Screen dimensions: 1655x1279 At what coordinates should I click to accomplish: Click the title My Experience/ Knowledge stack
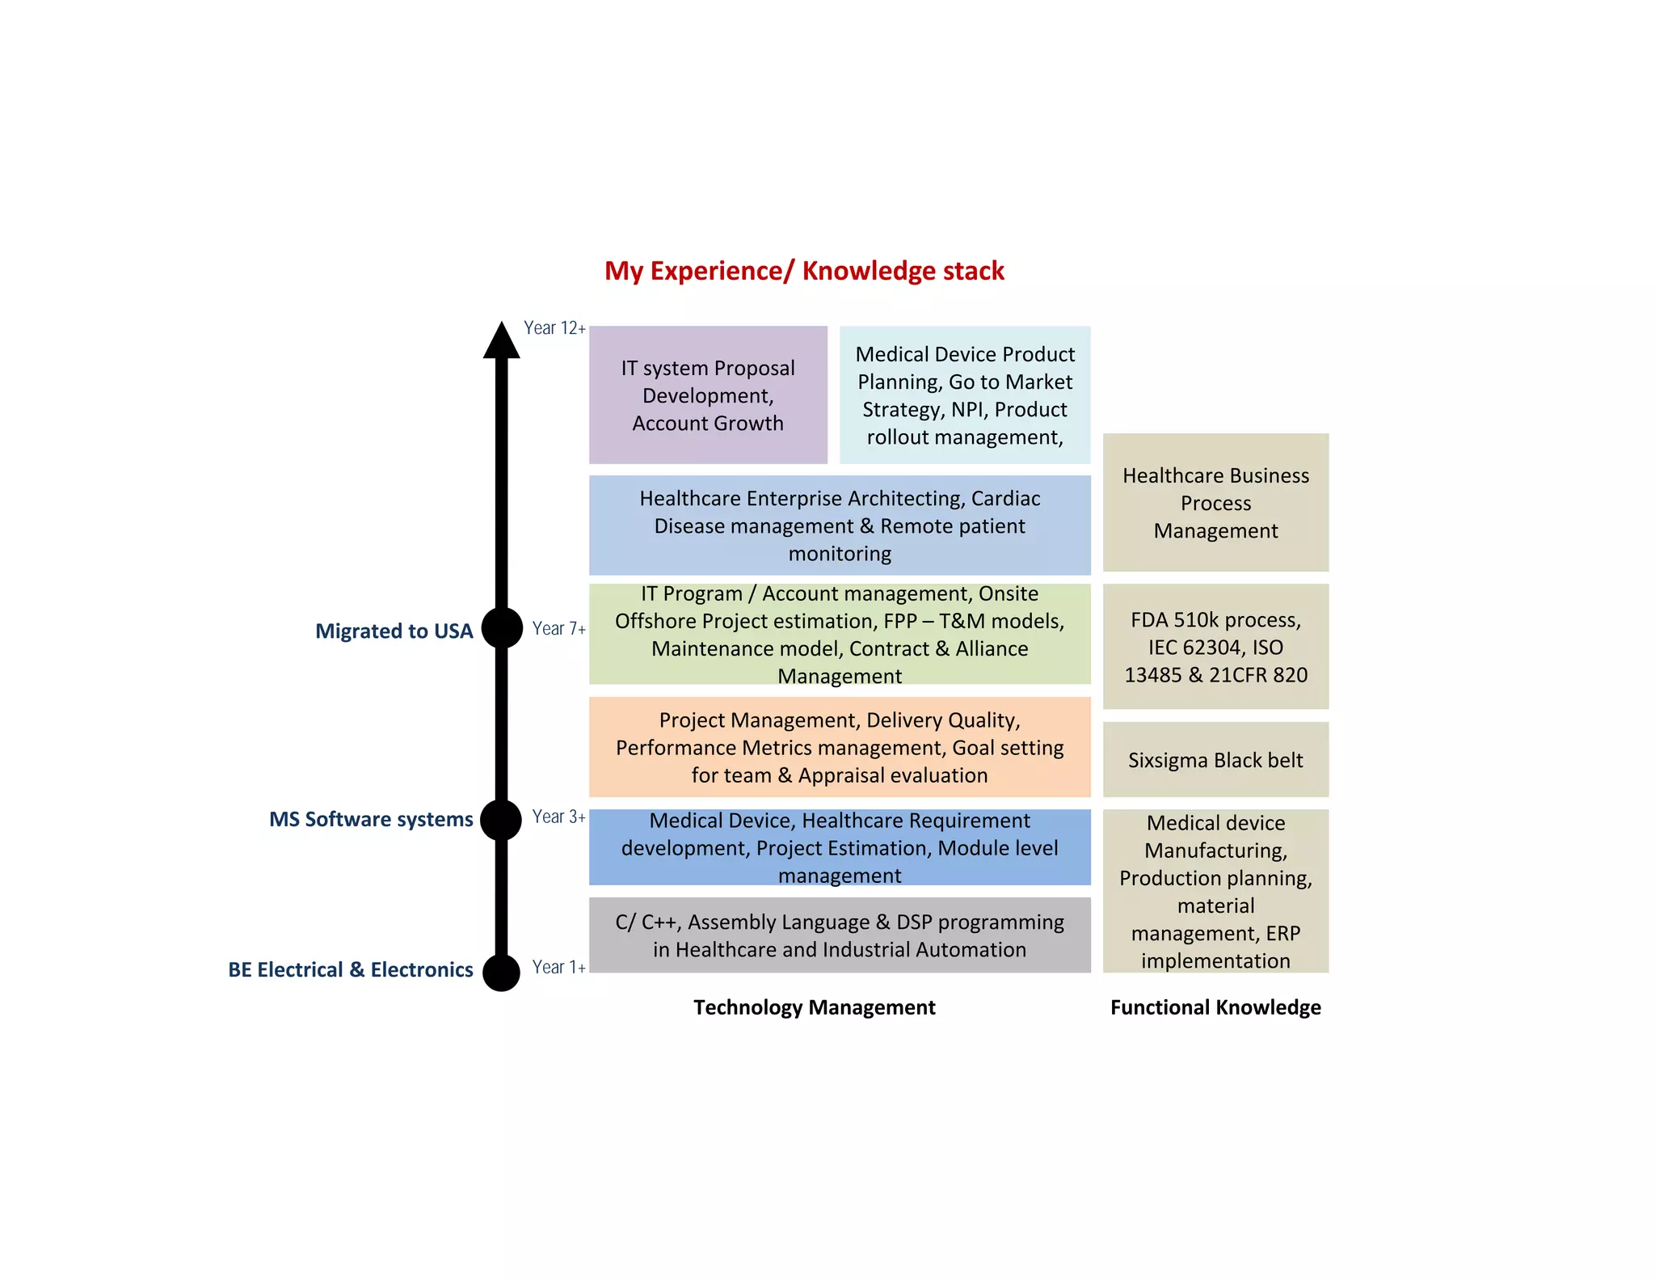tap(804, 271)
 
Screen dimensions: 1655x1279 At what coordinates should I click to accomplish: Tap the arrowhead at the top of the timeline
tap(501, 341)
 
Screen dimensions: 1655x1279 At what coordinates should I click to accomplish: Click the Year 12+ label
tap(554, 328)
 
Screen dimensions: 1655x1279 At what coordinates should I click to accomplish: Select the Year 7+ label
tap(558, 628)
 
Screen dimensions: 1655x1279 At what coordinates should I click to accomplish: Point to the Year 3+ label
tap(558, 817)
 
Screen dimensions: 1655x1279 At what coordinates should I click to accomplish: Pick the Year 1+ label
tap(558, 967)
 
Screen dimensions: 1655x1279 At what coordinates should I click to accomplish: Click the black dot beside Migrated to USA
tap(502, 628)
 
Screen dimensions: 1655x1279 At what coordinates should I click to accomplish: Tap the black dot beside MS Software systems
tap(501, 820)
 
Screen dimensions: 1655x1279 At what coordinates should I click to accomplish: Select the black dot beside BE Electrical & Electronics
tap(501, 971)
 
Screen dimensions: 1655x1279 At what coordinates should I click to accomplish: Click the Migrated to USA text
tap(394, 631)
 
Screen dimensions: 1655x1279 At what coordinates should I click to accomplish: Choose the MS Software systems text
tap(371, 820)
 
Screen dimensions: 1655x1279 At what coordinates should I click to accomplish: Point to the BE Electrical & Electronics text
tap(350, 970)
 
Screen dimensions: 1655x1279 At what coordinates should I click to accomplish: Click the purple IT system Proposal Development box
tap(708, 395)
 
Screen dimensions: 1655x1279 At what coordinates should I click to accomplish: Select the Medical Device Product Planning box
tap(965, 395)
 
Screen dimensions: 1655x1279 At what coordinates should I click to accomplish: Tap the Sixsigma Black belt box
tap(1215, 760)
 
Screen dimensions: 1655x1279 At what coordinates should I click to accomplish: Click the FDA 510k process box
tap(1215, 647)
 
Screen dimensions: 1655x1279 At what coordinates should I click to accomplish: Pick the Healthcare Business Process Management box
tap(1215, 503)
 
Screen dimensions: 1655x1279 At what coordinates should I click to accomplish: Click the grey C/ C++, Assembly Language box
tap(840, 935)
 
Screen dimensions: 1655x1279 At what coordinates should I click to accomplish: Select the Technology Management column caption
tap(814, 1007)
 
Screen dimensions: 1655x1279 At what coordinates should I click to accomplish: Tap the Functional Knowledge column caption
tap(1215, 1007)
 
